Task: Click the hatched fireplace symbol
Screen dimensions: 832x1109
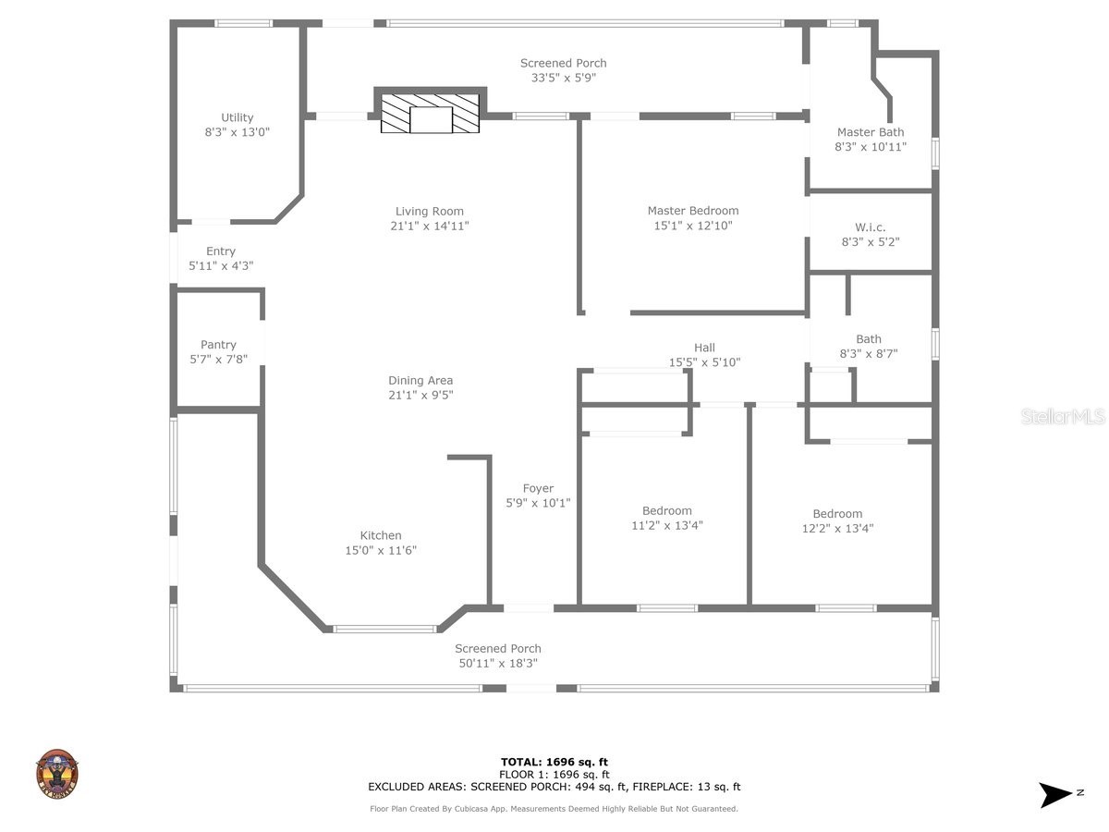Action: [431, 114]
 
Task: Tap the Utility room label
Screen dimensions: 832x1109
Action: [238, 117]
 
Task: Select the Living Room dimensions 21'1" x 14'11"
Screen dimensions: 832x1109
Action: [429, 226]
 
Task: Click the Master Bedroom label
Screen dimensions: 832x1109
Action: [692, 211]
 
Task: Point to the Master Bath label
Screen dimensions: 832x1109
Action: [871, 132]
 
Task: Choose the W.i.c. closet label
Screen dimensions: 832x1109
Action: [870, 227]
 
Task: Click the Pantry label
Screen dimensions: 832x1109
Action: [218, 345]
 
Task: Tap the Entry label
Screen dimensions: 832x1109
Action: [221, 251]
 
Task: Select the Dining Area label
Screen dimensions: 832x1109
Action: [420, 380]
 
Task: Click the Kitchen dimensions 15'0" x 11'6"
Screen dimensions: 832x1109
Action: [381, 550]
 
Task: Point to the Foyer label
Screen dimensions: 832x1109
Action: [538, 488]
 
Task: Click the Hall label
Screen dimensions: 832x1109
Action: [704, 348]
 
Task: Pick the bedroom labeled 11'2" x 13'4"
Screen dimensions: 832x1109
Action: [666, 519]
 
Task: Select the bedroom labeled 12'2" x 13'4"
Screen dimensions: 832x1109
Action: [837, 521]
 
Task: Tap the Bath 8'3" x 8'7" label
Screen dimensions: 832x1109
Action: [868, 339]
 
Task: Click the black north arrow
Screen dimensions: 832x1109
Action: [1055, 794]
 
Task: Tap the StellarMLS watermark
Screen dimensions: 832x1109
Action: [1062, 417]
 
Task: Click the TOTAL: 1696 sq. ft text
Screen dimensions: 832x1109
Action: [554, 762]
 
